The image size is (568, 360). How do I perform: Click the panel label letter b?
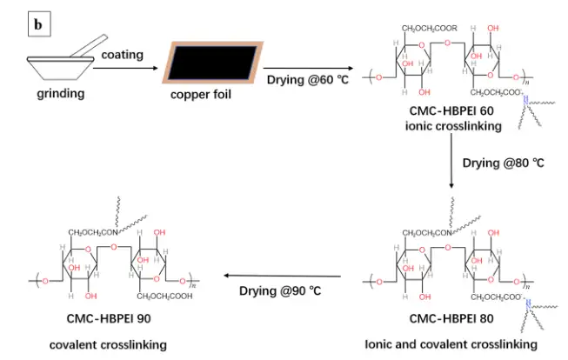coord(38,24)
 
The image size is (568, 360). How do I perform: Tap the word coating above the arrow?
coord(122,55)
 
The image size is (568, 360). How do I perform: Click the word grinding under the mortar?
coord(61,93)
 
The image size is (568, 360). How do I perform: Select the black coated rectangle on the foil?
coord(212,63)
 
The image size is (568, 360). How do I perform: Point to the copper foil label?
coord(201,95)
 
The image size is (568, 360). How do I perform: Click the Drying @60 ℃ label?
coord(308,80)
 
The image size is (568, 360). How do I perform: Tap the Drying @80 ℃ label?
coord(503,163)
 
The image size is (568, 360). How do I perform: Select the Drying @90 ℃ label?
coord(280,290)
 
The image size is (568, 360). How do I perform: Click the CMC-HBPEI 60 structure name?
coord(451,110)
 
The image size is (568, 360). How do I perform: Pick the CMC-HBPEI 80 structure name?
coord(451,318)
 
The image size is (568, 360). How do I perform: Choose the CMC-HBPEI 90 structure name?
coord(109,318)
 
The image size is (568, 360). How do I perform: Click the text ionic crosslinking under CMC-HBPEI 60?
coord(453,126)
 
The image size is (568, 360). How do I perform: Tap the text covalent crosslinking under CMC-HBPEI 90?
coord(108,345)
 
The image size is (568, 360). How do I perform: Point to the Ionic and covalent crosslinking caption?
coord(451,344)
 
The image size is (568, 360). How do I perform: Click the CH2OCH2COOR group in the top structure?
coord(429,28)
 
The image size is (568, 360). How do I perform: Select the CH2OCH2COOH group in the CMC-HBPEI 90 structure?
coord(164,297)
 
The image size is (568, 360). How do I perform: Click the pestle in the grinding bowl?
coord(89,46)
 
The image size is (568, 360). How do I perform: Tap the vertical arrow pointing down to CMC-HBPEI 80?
coord(451,161)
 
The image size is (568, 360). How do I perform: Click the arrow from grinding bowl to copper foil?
coord(126,68)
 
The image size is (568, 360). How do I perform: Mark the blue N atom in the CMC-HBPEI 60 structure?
coord(525,100)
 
